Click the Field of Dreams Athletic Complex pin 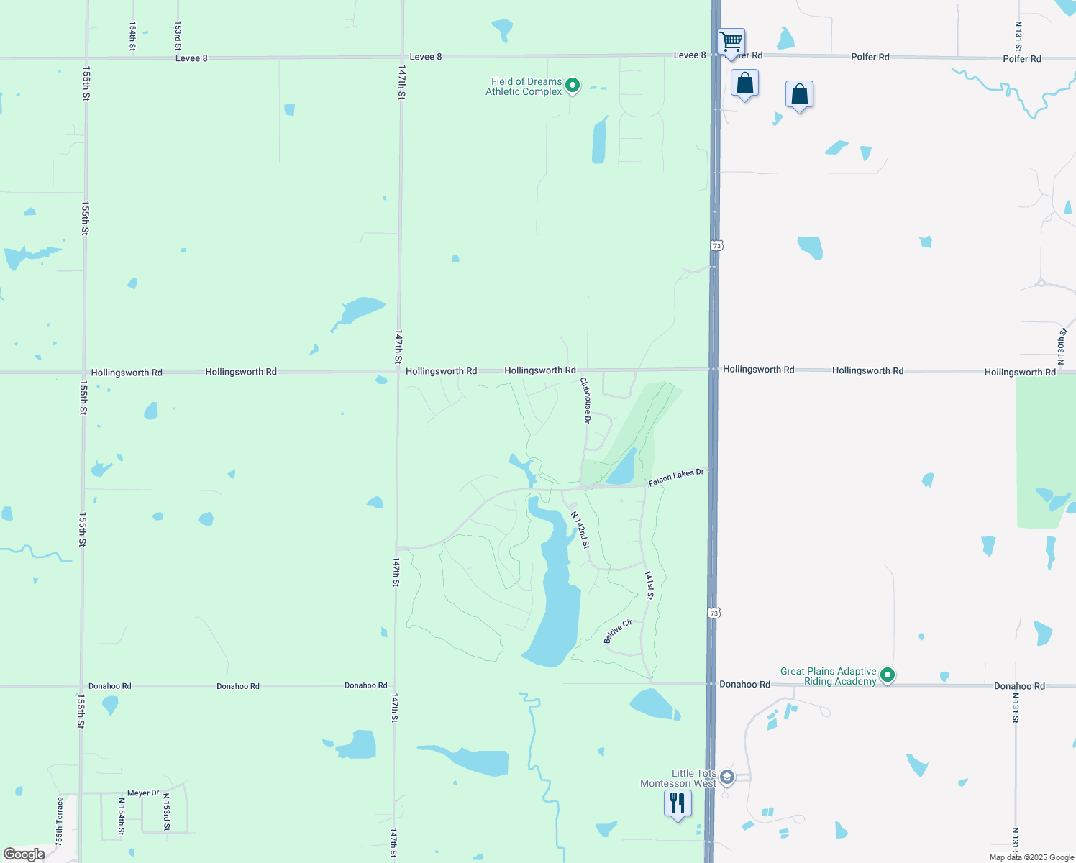(x=573, y=86)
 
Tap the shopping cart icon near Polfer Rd (x=731, y=42)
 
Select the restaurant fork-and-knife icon (x=678, y=803)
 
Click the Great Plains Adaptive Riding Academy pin (x=888, y=675)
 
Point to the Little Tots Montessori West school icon (x=727, y=777)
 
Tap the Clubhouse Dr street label (x=586, y=401)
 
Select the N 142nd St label (x=580, y=530)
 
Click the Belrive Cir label (x=618, y=631)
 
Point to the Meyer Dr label (x=143, y=793)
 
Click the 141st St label (x=649, y=585)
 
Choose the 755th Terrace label (x=60, y=821)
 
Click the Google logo (x=24, y=854)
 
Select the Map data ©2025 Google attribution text (x=1031, y=857)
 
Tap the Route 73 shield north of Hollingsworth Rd (x=716, y=246)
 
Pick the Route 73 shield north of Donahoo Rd (x=713, y=613)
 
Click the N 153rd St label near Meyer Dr (x=166, y=812)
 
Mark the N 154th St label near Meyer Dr (x=122, y=816)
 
